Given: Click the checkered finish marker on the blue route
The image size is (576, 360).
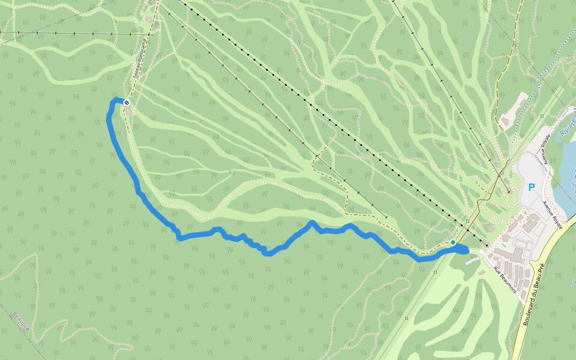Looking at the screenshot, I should (x=127, y=103).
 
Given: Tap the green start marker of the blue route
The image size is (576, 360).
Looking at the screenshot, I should (x=453, y=242).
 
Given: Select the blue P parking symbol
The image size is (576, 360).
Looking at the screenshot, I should (x=531, y=187).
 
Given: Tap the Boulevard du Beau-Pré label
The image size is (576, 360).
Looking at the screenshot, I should (x=533, y=294).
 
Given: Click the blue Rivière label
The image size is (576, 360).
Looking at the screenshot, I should (x=566, y=124).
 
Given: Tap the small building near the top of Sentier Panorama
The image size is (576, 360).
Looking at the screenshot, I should (x=148, y=20).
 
